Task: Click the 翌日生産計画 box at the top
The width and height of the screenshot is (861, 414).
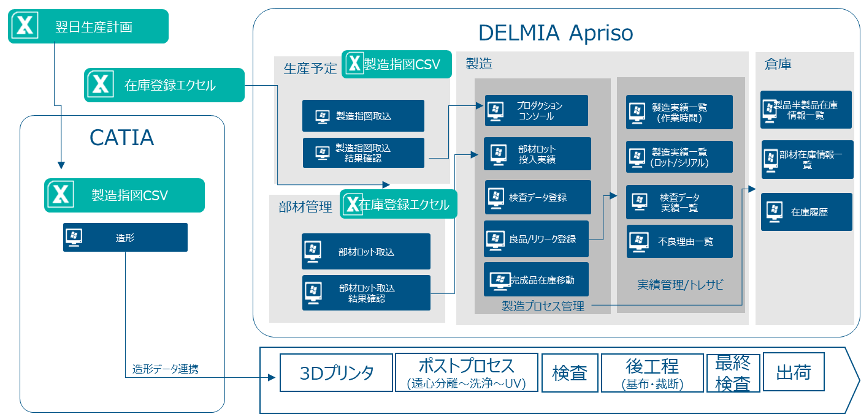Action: pyautogui.click(x=88, y=27)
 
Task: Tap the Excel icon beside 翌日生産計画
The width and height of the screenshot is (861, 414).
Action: pyautogui.click(x=25, y=26)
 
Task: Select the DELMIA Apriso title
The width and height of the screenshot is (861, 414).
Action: pyautogui.click(x=556, y=32)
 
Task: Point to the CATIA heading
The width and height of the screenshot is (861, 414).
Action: pyautogui.click(x=122, y=137)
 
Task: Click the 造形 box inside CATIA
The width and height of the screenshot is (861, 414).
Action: pyautogui.click(x=125, y=238)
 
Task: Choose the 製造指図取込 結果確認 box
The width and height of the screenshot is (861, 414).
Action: pyautogui.click(x=363, y=153)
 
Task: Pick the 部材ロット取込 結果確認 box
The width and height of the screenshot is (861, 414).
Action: pyautogui.click(x=365, y=293)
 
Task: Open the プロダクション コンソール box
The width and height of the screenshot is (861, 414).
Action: pyautogui.click(x=536, y=111)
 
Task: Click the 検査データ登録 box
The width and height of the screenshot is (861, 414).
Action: pyautogui.click(x=537, y=197)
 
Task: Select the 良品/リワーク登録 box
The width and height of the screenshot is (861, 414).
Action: pyautogui.click(x=536, y=239)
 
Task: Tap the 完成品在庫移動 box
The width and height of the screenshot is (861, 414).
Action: pyautogui.click(x=536, y=280)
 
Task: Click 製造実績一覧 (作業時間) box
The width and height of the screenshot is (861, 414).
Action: pyautogui.click(x=679, y=112)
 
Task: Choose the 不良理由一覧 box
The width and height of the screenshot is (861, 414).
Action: pyautogui.click(x=679, y=241)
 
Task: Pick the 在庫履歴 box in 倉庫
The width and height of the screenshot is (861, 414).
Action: pyautogui.click(x=806, y=212)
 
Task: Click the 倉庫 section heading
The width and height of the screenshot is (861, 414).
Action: pyautogui.click(x=778, y=64)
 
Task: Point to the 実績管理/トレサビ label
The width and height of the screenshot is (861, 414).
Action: pyautogui.click(x=680, y=284)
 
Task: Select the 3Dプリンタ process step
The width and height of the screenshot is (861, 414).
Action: pyautogui.click(x=336, y=373)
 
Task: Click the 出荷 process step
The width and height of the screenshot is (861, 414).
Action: pyautogui.click(x=794, y=372)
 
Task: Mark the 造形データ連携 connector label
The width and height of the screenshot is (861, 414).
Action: pyautogui.click(x=166, y=369)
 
